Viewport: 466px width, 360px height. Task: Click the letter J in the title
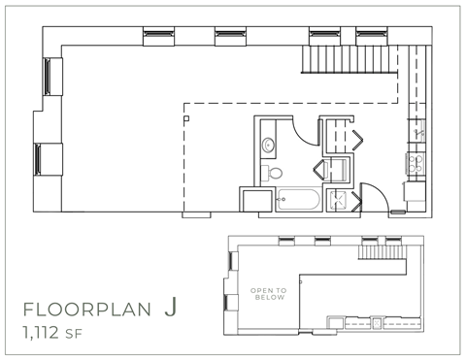(170, 310)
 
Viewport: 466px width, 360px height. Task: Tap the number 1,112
(45, 336)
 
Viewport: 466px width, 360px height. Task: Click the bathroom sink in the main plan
(269, 147)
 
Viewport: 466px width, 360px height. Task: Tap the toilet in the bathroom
(274, 174)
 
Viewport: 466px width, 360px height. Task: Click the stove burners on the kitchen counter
(418, 160)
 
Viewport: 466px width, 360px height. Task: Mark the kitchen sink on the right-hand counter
(418, 129)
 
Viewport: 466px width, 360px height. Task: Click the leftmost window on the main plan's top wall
(155, 34)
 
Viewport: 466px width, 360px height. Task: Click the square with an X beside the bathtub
(341, 201)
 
